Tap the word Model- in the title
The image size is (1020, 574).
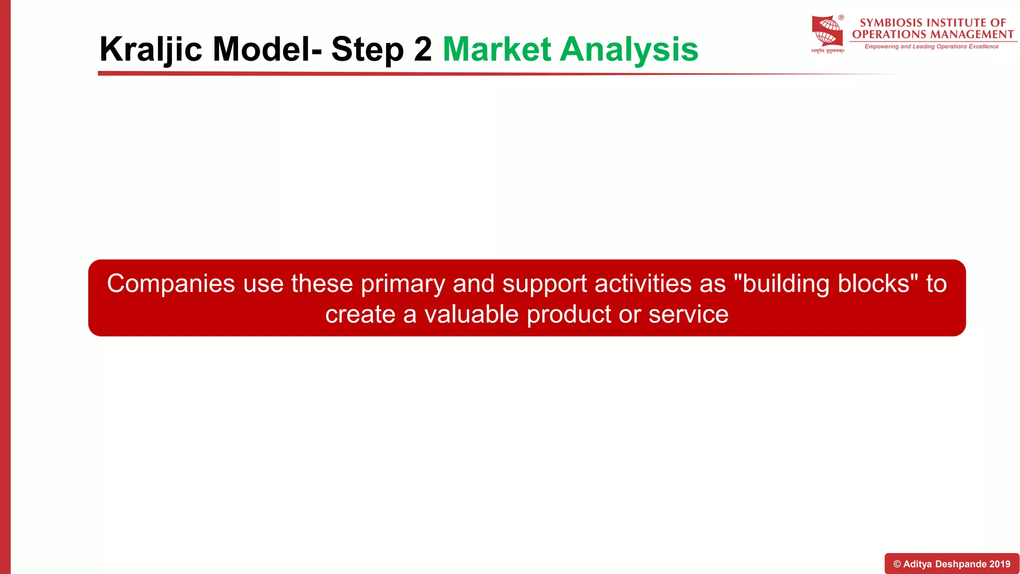coord(267,49)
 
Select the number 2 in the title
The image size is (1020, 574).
coord(423,49)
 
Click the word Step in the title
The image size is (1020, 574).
coord(367,49)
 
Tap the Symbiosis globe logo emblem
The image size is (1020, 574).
coord(827,32)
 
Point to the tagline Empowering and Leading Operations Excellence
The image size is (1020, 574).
coord(931,46)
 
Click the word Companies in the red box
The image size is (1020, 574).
coord(171,284)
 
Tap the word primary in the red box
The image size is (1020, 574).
coord(402,284)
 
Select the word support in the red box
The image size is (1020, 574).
coord(545,284)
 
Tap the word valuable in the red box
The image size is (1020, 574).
coord(472,314)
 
